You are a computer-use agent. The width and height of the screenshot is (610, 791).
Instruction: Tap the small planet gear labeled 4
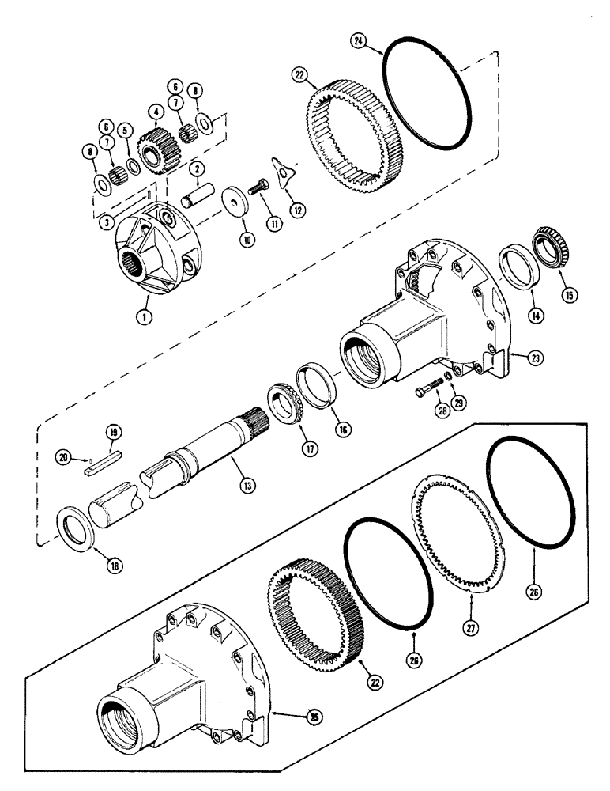pos(149,145)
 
